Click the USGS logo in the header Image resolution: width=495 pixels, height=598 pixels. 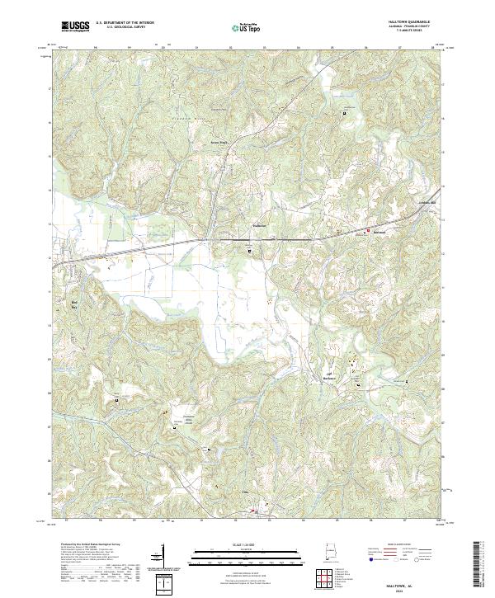click(75, 26)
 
